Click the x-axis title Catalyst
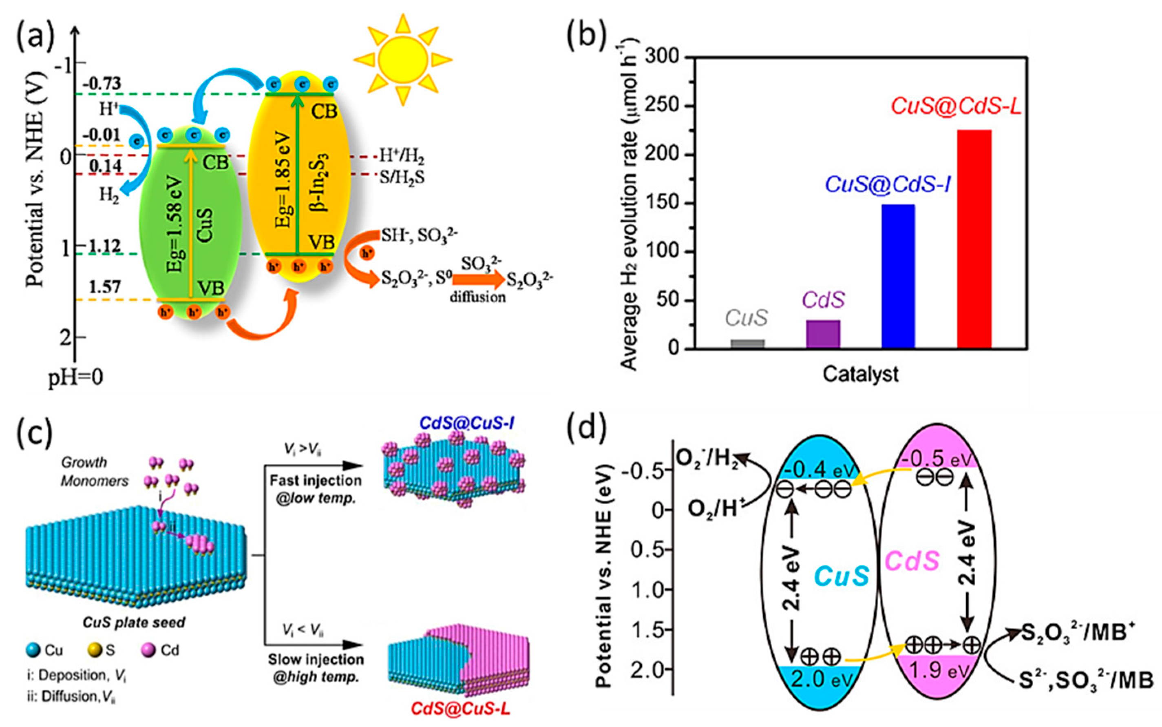[x=860, y=374]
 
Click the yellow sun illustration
[x=403, y=59]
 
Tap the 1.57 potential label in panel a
[x=104, y=287]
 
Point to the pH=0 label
[x=75, y=377]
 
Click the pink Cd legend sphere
[x=148, y=651]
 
